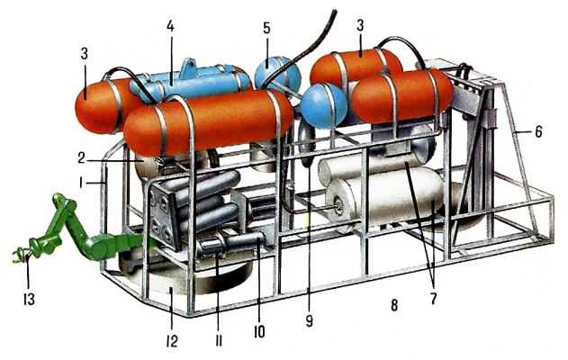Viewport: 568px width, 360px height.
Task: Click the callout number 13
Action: point(29,299)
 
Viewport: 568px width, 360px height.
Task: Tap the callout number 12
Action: point(172,341)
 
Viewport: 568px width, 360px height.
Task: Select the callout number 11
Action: point(219,340)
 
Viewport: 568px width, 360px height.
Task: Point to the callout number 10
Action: point(259,332)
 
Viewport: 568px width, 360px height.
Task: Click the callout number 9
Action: point(309,321)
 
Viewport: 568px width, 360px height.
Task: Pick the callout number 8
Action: point(394,305)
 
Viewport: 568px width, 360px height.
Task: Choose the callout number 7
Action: point(433,299)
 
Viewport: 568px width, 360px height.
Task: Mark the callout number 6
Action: point(538,131)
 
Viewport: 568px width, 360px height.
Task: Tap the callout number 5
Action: point(267,28)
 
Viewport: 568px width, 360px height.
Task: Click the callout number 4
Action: point(170,26)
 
